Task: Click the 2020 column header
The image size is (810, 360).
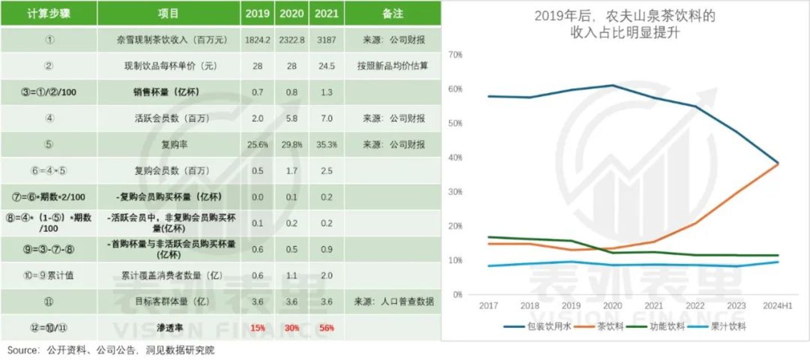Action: (x=291, y=13)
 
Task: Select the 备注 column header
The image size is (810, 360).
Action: (x=392, y=13)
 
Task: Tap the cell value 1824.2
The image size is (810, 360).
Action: (x=258, y=40)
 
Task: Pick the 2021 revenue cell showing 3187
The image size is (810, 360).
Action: (x=326, y=40)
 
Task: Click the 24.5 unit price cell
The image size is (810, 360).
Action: (x=326, y=66)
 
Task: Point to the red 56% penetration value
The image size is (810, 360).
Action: (x=326, y=327)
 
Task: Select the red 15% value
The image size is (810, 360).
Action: (x=258, y=327)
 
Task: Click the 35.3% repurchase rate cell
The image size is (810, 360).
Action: (x=326, y=145)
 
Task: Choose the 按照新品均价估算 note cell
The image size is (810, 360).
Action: (x=392, y=66)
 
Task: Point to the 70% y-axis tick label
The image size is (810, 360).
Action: (x=456, y=55)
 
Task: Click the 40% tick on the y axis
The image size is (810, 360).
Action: (x=456, y=157)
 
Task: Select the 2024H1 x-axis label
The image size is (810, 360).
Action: (x=778, y=305)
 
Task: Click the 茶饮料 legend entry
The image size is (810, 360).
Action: (x=610, y=326)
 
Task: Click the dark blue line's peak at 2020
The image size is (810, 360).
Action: (x=612, y=85)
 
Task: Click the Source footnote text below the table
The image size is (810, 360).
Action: (x=111, y=350)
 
